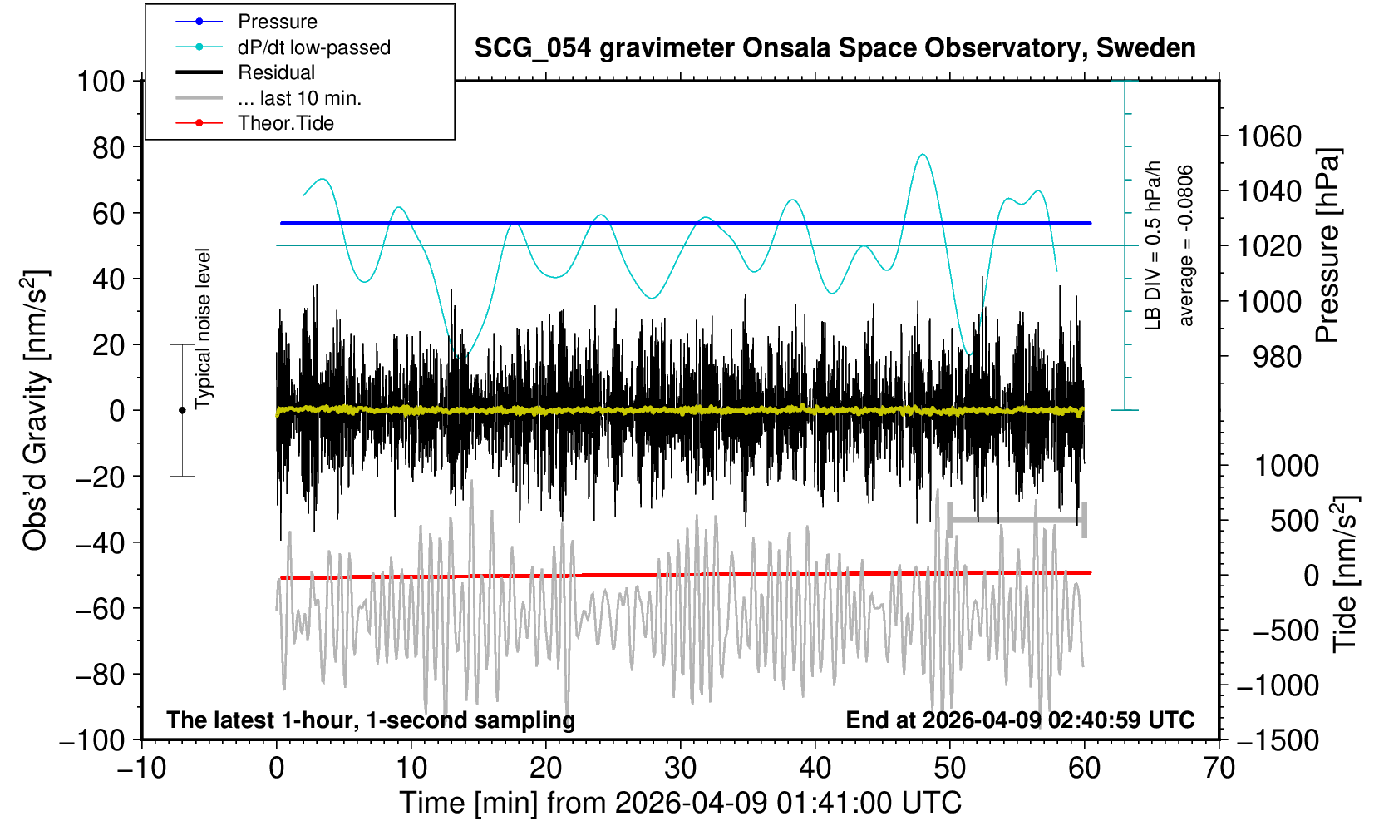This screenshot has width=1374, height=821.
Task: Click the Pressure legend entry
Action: (277, 22)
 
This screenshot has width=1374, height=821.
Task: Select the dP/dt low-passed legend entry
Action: (313, 47)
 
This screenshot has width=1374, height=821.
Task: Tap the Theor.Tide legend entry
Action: (285, 123)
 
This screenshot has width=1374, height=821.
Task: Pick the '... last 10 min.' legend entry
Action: (299, 98)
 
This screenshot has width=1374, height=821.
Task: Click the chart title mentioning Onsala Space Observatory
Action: (835, 47)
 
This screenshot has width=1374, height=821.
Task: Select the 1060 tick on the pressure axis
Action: (1269, 136)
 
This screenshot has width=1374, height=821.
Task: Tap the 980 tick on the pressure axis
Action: (1269, 357)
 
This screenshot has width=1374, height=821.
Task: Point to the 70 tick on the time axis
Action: (1219, 767)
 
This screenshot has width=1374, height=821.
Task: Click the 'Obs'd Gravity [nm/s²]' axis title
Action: (36, 410)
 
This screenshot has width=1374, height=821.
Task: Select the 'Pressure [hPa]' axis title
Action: (1327, 245)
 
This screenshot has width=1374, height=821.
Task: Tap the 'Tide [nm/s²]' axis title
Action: (1345, 574)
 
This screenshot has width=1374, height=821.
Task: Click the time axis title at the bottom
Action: (680, 803)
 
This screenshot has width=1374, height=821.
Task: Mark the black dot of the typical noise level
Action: (182, 410)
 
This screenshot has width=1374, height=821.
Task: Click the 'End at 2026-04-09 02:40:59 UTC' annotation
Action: (1020, 720)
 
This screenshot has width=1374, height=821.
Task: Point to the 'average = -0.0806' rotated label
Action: (1186, 245)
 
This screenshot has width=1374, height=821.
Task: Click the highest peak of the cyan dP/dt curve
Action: (922, 154)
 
